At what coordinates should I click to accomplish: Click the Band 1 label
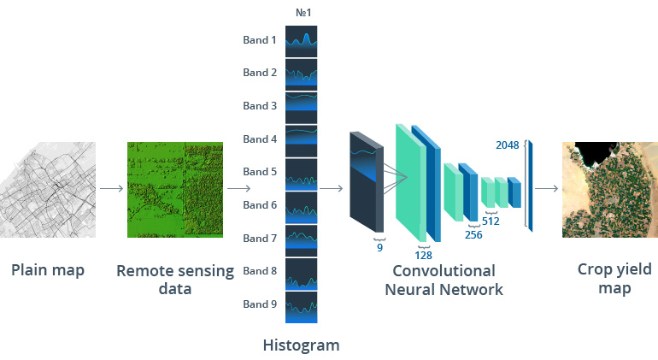[x=260, y=40]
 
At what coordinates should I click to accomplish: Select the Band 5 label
[x=260, y=172]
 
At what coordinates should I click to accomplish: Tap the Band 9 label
[x=260, y=304]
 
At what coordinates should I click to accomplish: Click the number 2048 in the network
[x=508, y=145]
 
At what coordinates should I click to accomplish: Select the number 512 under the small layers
[x=491, y=221]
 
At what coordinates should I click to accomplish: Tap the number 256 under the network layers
[x=473, y=235]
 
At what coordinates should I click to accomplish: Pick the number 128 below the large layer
[x=424, y=254]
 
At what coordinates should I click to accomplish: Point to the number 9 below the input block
[x=380, y=248]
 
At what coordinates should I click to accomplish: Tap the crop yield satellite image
[x=609, y=189]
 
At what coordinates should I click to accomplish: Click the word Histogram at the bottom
[x=301, y=345]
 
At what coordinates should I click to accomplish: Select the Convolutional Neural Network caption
[x=444, y=280]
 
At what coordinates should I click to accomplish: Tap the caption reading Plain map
[x=48, y=271]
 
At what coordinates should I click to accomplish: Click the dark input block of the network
[x=365, y=181]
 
